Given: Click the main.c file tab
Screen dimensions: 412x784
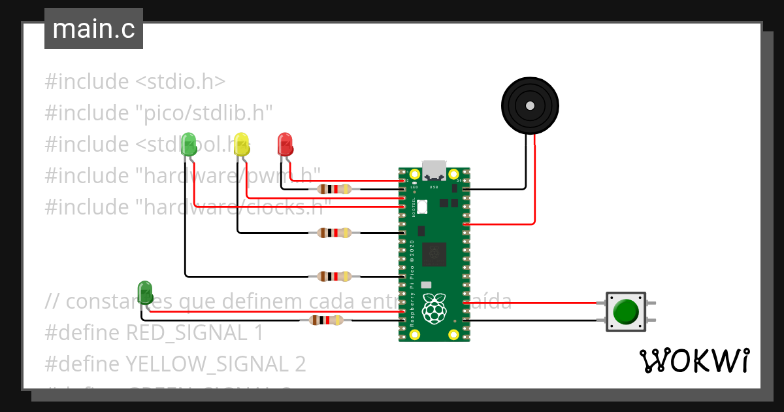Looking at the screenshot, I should [93, 29].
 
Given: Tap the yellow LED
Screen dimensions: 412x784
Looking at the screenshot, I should [241, 144].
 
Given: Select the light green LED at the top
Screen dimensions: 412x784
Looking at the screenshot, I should [188, 144].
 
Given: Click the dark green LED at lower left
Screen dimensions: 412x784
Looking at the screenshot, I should [145, 291].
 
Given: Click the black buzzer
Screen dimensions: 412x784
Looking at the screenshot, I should [530, 105].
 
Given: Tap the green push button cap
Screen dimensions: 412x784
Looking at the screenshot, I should [627, 311].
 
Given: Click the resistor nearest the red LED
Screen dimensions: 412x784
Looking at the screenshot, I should [334, 190].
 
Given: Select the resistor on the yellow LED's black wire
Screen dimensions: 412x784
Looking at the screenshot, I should [334, 233].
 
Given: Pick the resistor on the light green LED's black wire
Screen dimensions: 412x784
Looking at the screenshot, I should [334, 277].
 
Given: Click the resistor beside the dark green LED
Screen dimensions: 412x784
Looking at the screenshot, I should [325, 320].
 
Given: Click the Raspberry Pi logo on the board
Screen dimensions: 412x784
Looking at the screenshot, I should [434, 308].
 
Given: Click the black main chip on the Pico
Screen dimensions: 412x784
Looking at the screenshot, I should [434, 254].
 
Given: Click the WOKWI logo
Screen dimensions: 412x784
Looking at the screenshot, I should [693, 361].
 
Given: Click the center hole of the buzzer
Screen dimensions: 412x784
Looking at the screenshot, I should [530, 105].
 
